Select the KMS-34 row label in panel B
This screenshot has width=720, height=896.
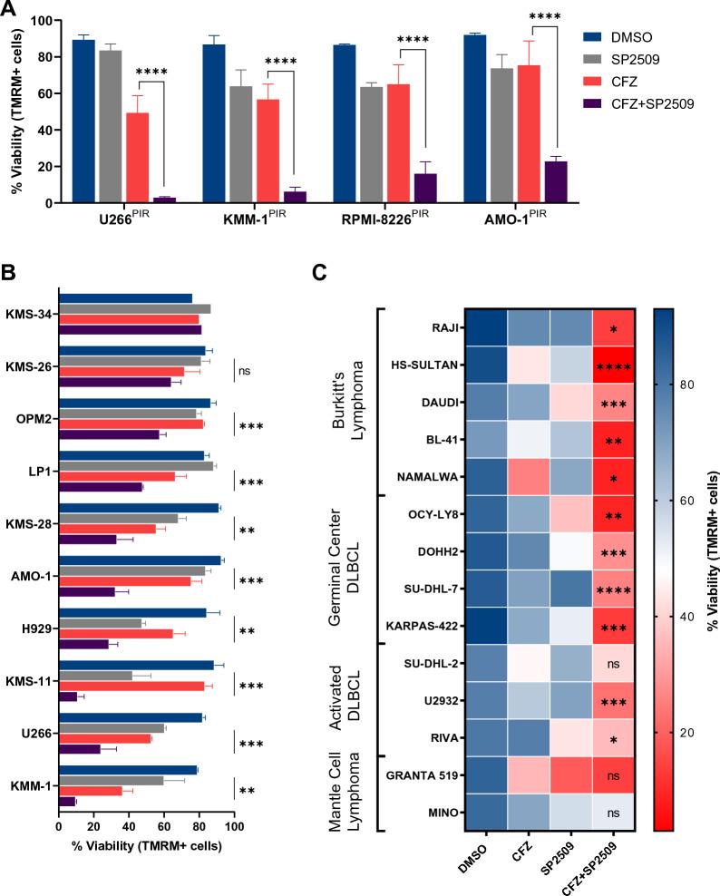click(29, 315)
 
